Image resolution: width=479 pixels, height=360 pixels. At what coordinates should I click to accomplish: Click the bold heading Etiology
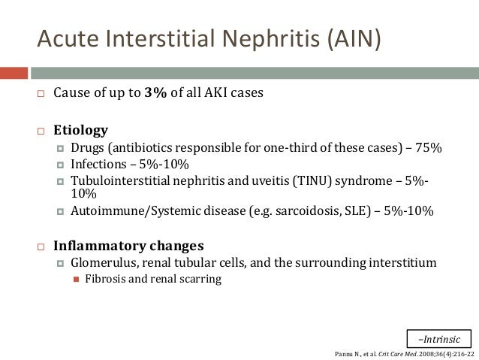click(x=80, y=129)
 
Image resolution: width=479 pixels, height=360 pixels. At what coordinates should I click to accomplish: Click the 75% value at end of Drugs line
click(x=430, y=148)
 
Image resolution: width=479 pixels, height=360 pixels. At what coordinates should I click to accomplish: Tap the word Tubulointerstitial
click(x=122, y=181)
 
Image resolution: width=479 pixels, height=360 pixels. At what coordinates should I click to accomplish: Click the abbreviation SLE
click(x=351, y=212)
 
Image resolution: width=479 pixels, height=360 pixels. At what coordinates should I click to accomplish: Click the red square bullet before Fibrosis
click(x=75, y=280)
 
